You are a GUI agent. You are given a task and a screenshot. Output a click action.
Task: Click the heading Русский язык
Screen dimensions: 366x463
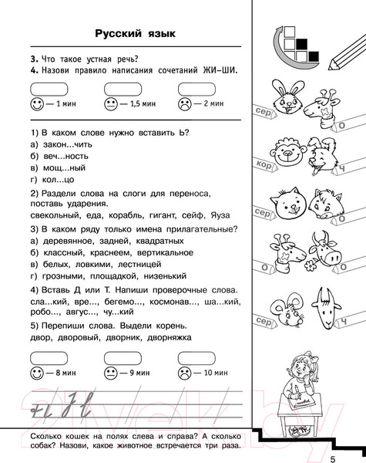coord(135,33)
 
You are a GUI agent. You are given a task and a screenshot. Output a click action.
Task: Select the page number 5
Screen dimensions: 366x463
coord(333,440)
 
